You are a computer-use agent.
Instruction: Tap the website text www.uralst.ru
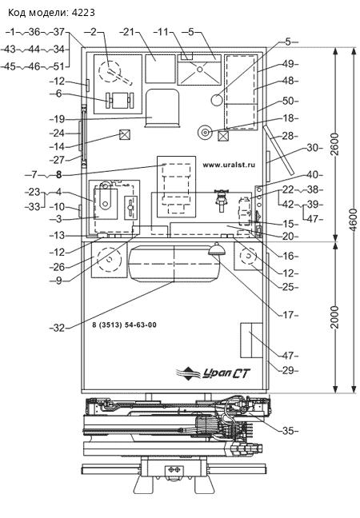point(229,165)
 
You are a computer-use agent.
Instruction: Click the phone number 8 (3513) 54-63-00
point(124,325)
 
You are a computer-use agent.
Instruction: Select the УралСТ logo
point(213,373)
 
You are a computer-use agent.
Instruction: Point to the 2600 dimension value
point(335,144)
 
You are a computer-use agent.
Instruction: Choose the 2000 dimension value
point(335,317)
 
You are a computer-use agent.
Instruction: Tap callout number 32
point(59,328)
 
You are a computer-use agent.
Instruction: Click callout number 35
point(288,431)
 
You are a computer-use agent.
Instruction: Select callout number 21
point(129,32)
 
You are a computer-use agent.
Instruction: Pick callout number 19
point(59,119)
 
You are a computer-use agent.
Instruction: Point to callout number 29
point(288,370)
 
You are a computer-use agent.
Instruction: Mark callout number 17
point(288,315)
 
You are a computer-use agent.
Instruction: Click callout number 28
point(288,136)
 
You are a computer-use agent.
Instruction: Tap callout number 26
point(59,267)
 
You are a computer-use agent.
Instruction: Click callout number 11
point(163,32)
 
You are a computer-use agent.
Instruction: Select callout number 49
point(288,64)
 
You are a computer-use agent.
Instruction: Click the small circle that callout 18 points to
point(206,133)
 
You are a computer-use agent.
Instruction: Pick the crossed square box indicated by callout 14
point(125,135)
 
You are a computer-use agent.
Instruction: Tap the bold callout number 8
point(59,174)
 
